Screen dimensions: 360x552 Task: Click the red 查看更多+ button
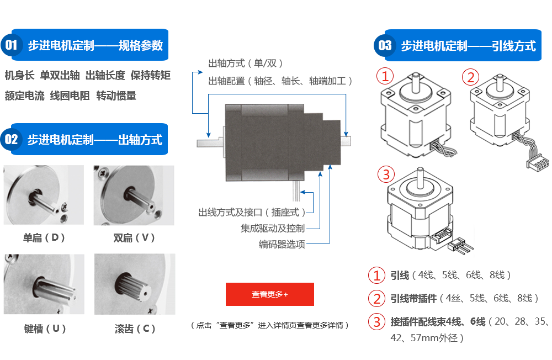269,294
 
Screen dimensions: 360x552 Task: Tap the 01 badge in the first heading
12,45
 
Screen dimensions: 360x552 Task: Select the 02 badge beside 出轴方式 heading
12,139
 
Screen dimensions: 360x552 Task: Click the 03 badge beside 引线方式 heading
385,45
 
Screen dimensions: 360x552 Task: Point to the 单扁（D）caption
44,238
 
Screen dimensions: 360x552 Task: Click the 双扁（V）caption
134,238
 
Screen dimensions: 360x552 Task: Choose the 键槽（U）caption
45,329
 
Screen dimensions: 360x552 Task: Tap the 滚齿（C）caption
134,329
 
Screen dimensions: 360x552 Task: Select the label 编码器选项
282,244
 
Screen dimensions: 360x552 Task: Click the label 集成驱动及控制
272,228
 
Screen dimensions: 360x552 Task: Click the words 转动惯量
116,96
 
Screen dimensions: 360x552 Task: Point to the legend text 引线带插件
413,298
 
